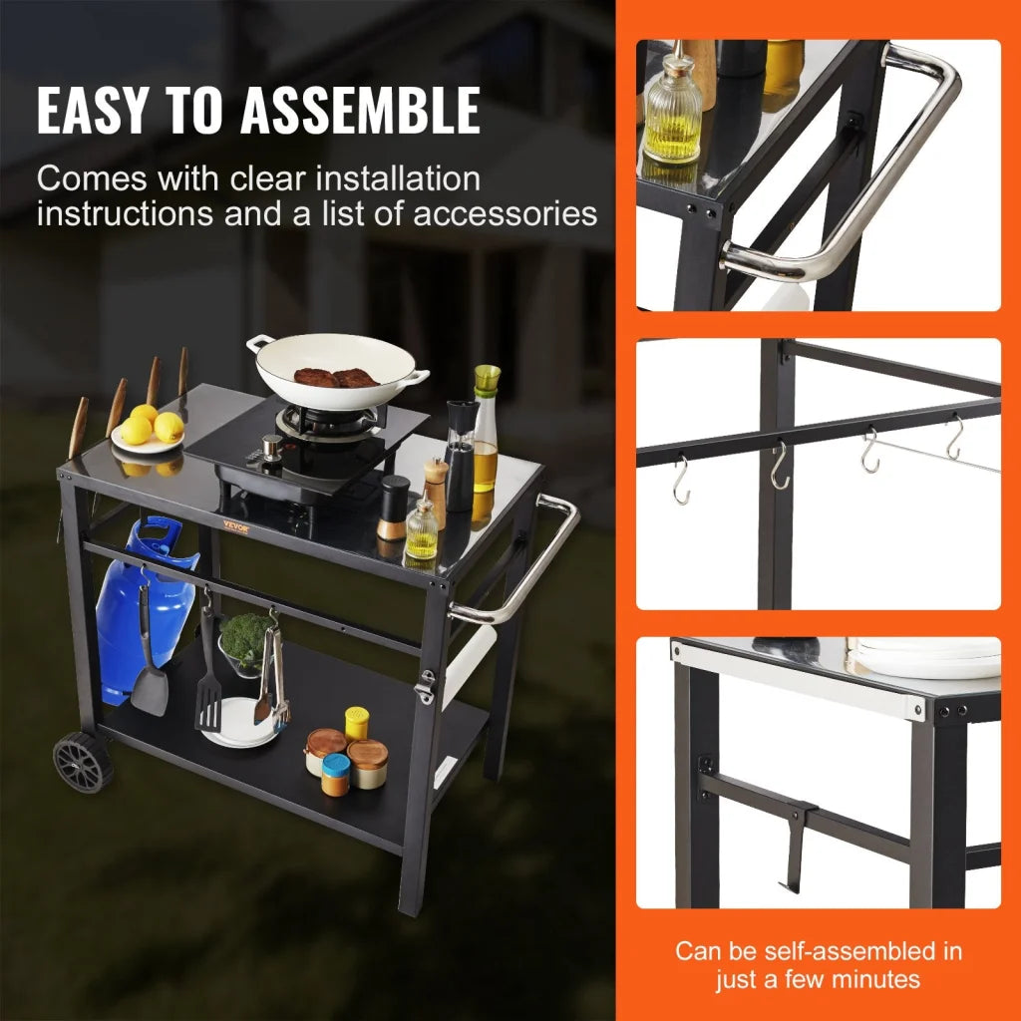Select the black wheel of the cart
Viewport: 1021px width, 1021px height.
coord(82,762)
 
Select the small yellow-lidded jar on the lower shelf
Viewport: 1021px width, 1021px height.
coord(357,722)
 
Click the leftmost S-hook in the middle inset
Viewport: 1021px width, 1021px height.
coord(681,480)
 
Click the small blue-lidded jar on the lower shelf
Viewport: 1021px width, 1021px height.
coord(336,773)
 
